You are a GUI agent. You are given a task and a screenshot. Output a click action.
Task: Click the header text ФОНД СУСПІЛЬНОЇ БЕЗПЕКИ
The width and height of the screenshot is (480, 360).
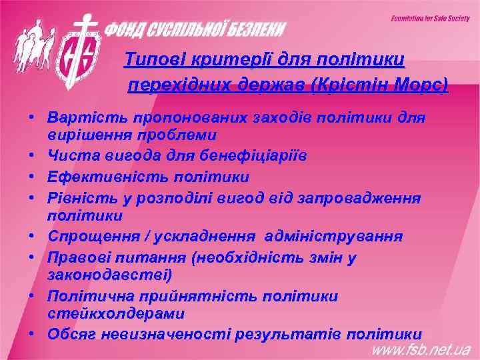pos(197,29)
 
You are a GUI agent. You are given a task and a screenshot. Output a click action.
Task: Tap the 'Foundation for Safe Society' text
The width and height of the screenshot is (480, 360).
pos(429,17)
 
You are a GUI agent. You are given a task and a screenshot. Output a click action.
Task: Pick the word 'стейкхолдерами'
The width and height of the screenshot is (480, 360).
pos(116,313)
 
